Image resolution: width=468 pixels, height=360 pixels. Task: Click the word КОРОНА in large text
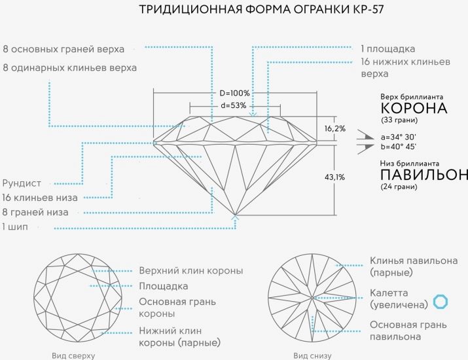pyautogui.click(x=414, y=109)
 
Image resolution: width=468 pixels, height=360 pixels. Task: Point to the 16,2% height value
pyautogui.click(x=334, y=128)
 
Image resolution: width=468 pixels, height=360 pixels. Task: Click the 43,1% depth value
pyautogui.click(x=334, y=177)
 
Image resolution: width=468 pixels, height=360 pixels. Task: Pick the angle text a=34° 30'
pyautogui.click(x=401, y=137)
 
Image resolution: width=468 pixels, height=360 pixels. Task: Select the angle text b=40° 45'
pyautogui.click(x=401, y=147)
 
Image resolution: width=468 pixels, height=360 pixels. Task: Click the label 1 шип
pyautogui.click(x=18, y=227)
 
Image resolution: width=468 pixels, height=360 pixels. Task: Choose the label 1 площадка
pyautogui.click(x=387, y=48)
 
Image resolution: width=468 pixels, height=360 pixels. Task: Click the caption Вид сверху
pyautogui.click(x=73, y=355)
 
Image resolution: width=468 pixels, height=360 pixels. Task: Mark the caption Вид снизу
pyautogui.click(x=312, y=355)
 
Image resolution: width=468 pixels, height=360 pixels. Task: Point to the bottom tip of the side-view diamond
pyautogui.click(x=236, y=215)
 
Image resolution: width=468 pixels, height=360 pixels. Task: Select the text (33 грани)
pyautogui.click(x=401, y=121)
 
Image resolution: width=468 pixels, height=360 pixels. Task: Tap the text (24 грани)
pyautogui.click(x=401, y=187)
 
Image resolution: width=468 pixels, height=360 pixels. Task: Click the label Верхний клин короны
pyautogui.click(x=191, y=270)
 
